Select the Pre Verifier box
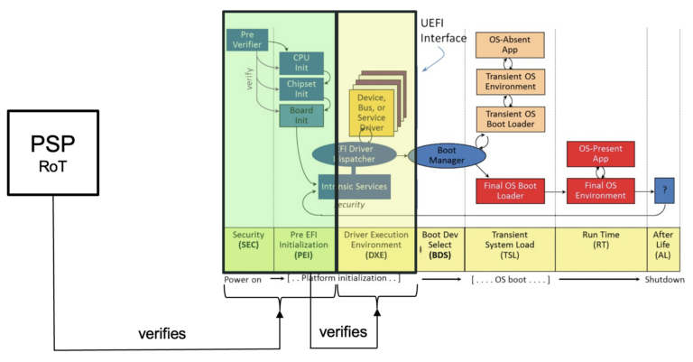pyautogui.click(x=246, y=39)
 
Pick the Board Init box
pyautogui.click(x=300, y=116)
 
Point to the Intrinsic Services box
pyautogui.click(x=354, y=187)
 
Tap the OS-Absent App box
pyautogui.click(x=510, y=44)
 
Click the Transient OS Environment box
pyautogui.click(x=510, y=81)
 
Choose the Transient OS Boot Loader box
pyautogui.click(x=510, y=118)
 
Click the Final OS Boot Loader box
pyautogui.click(x=510, y=190)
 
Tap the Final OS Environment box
pyautogui.click(x=600, y=190)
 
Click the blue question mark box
pyautogui.click(x=664, y=190)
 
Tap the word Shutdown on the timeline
pyautogui.click(x=664, y=279)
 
